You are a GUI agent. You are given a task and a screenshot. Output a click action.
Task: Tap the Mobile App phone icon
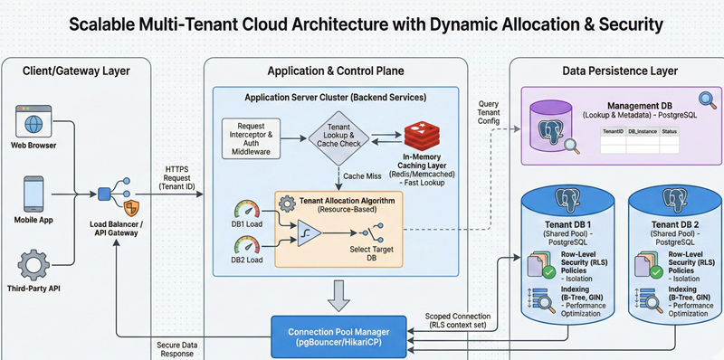point(31,192)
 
